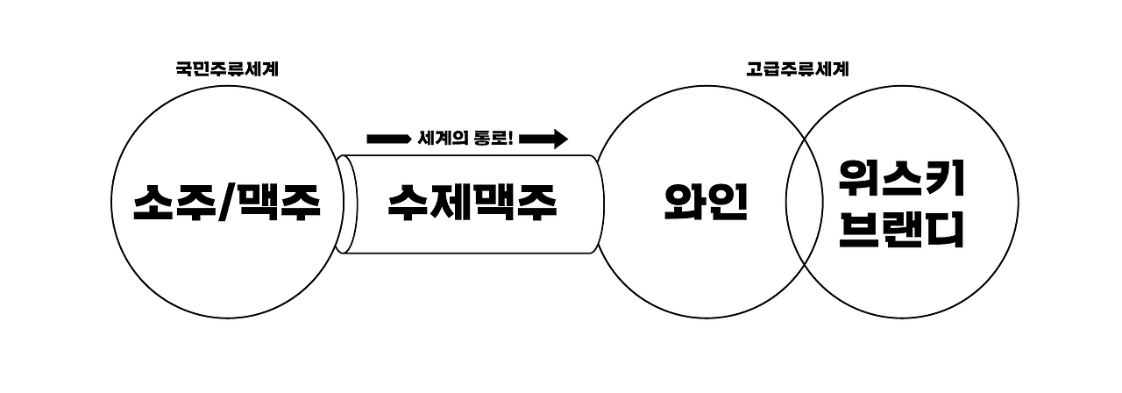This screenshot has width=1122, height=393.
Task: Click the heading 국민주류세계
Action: tap(227, 69)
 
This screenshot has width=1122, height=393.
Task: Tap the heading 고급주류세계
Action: tap(797, 69)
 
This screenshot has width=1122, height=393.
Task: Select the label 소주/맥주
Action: tap(227, 204)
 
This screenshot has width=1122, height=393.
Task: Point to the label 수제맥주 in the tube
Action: tap(472, 204)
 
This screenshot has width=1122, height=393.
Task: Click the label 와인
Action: tap(706, 203)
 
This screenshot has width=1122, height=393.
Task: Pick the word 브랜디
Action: tap(901, 230)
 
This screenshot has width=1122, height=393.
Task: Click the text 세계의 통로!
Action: tap(465, 139)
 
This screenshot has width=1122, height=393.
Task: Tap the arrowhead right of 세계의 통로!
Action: tap(558, 139)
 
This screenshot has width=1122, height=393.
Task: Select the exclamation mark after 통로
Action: tap(510, 139)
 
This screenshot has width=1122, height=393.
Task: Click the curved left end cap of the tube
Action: tap(343, 204)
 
